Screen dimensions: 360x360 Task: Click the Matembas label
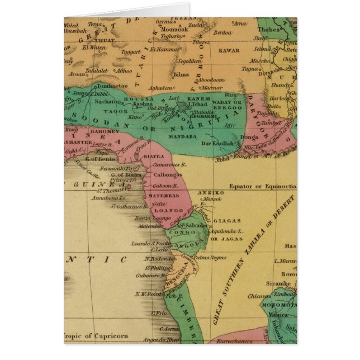pyautogui.click(x=163, y=196)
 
